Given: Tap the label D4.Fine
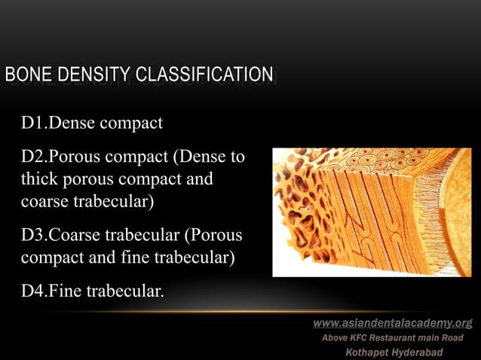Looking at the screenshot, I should (x=51, y=291).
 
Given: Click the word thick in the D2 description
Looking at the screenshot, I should (x=39, y=181).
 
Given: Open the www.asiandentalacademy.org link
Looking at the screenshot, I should (x=393, y=323).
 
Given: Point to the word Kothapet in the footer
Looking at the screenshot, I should (x=365, y=352).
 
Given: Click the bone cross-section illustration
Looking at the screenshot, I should (x=371, y=212).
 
